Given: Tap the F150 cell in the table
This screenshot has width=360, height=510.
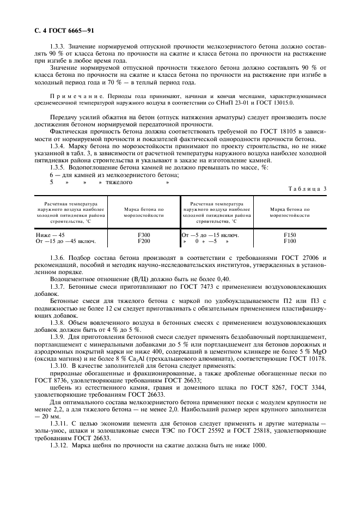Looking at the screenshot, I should (x=290, y=235).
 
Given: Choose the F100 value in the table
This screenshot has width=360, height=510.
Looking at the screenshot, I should (x=290, y=241).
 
